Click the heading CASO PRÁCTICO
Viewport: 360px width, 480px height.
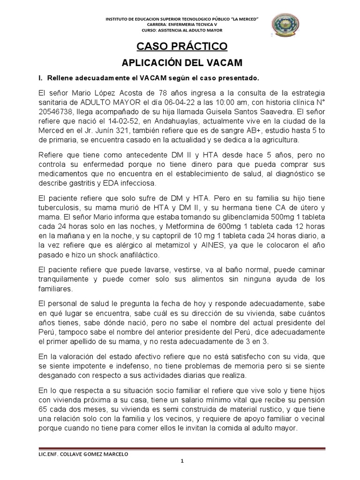[181, 46]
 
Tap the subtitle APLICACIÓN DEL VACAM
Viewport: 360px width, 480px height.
[181, 63]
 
